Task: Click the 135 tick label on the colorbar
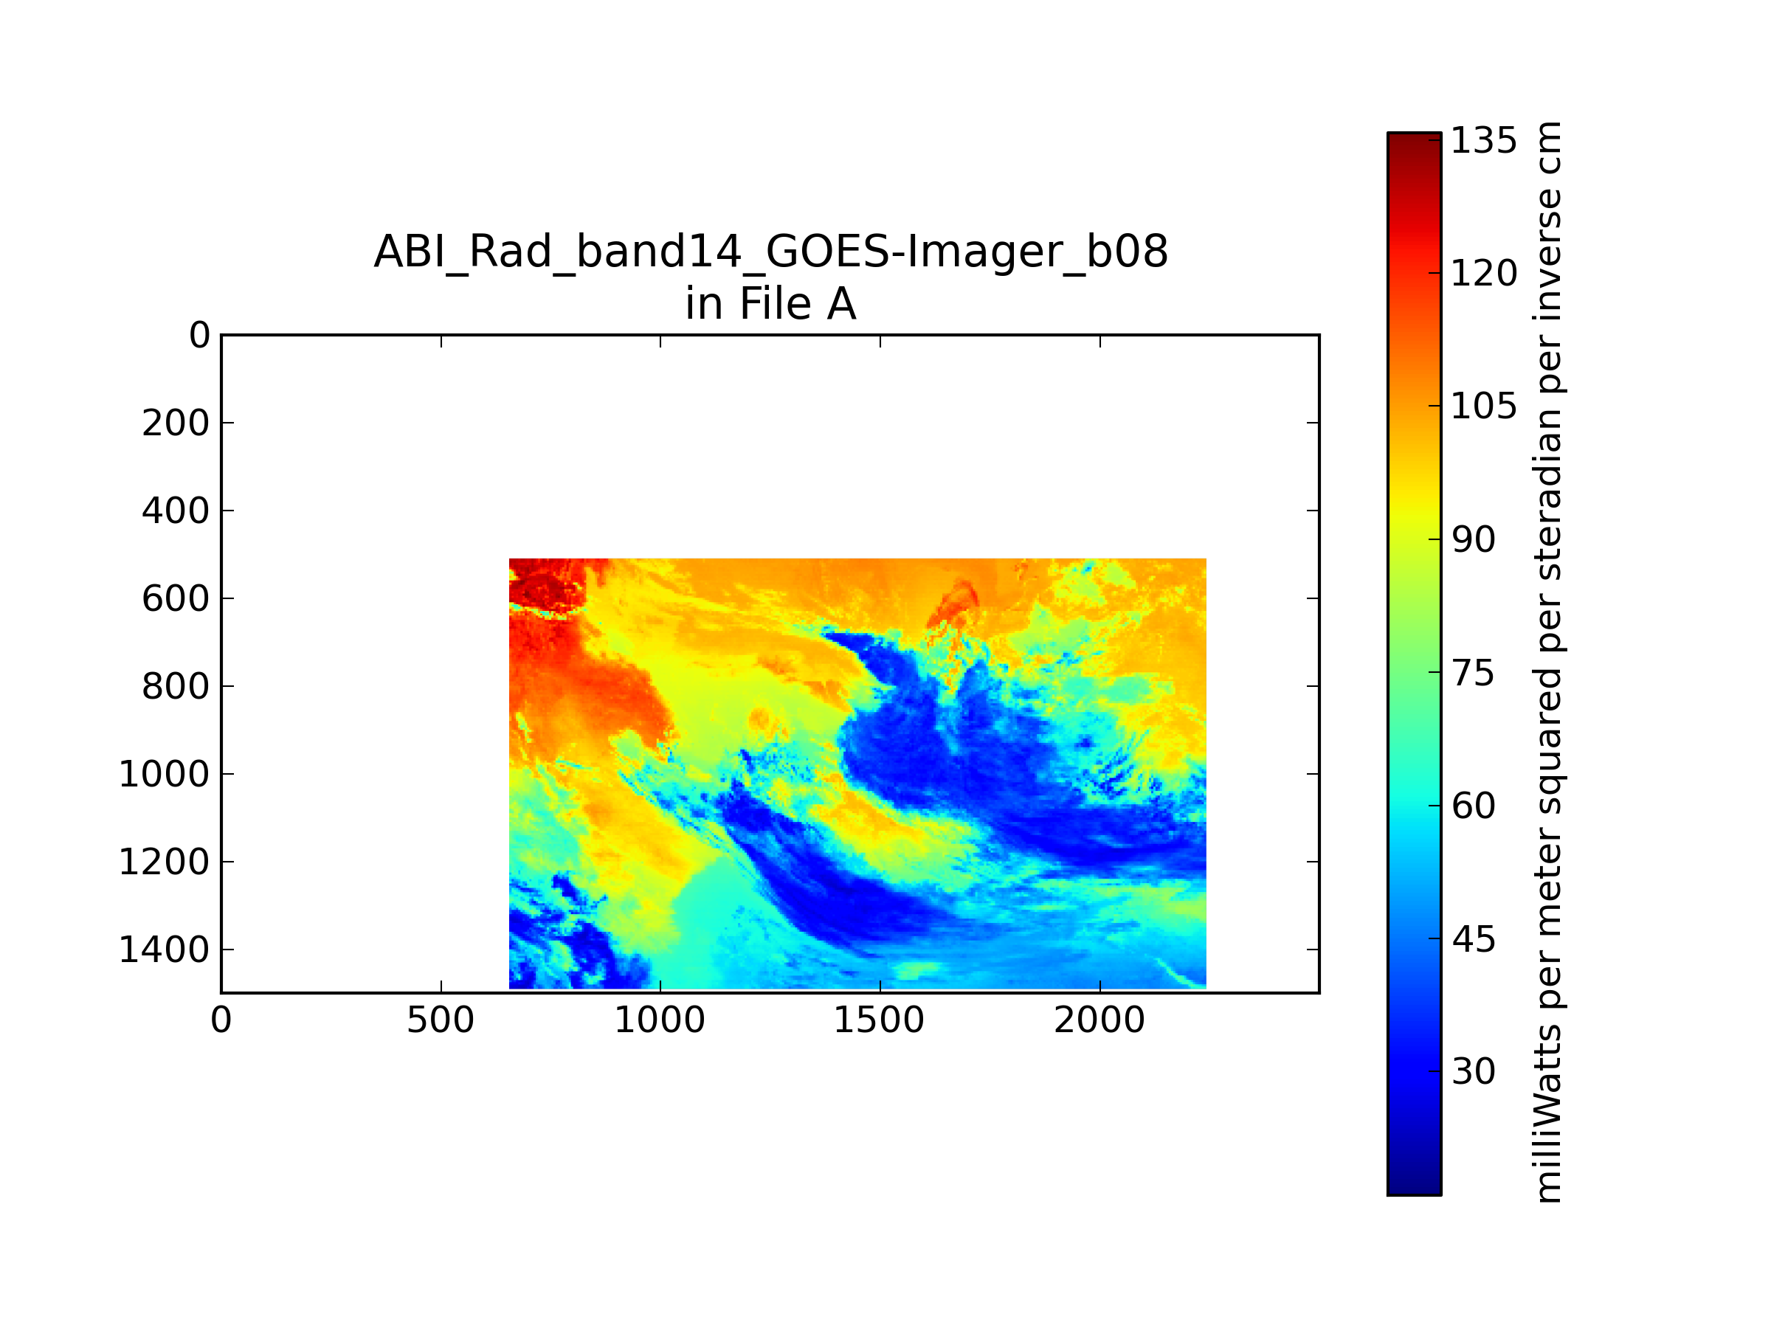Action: [x=1483, y=141]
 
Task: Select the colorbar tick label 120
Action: [x=1483, y=274]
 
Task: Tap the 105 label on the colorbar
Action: [x=1483, y=407]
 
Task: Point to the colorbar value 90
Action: [x=1473, y=540]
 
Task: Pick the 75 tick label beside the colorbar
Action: [x=1473, y=673]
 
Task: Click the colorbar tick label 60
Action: [x=1473, y=806]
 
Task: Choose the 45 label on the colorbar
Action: [x=1473, y=939]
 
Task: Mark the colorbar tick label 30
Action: [x=1473, y=1072]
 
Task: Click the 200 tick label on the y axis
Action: [x=176, y=423]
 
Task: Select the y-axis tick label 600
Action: [x=176, y=599]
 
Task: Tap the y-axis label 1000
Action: [x=164, y=775]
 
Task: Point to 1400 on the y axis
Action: [x=164, y=950]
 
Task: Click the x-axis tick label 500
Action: [x=441, y=1020]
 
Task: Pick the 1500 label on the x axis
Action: [x=879, y=1020]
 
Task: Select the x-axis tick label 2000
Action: [x=1099, y=1020]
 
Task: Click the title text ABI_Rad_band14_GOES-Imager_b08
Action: [x=771, y=252]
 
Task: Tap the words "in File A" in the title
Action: [x=771, y=304]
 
